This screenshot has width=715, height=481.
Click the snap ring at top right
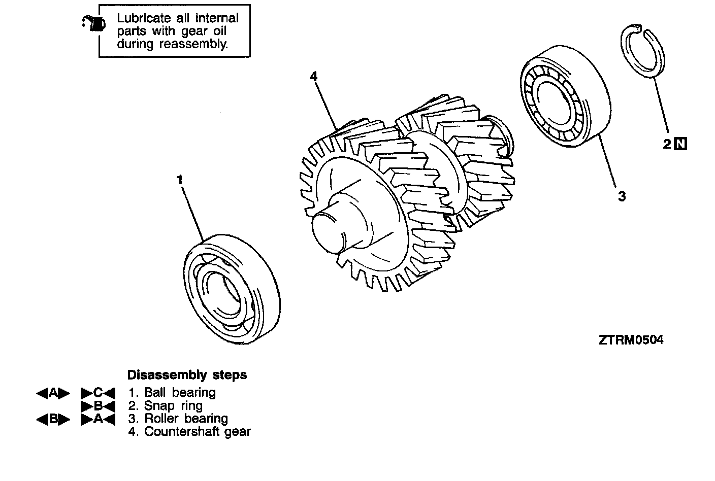point(643,53)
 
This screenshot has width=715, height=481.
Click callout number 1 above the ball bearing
point(179,180)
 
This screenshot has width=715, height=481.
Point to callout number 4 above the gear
point(314,76)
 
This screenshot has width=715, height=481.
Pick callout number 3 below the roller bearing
point(622,196)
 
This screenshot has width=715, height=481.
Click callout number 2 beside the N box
point(667,144)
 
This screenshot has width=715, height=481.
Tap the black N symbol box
point(680,144)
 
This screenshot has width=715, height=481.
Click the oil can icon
point(94,23)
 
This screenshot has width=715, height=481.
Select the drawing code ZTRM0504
point(631,340)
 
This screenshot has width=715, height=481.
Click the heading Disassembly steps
point(187,375)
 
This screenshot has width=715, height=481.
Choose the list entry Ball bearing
point(172,392)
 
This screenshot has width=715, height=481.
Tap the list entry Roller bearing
point(178,419)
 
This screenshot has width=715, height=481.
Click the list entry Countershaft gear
point(189,432)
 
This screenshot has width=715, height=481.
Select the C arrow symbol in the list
point(98,392)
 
